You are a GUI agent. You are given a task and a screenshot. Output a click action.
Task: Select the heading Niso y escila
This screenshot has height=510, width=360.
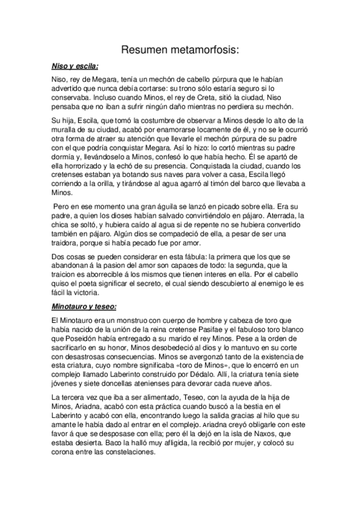75,66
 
